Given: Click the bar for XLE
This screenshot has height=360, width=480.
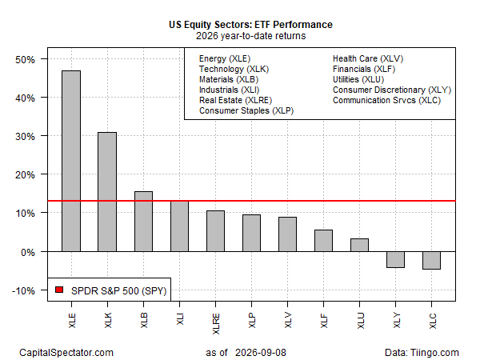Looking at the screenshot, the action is pyautogui.click(x=71, y=161).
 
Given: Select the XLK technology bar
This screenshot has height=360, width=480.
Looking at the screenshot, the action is pyautogui.click(x=107, y=192).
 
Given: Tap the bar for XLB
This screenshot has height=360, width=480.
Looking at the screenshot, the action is pyautogui.click(x=143, y=222).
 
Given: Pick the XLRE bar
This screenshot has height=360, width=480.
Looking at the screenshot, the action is pyautogui.click(x=215, y=231).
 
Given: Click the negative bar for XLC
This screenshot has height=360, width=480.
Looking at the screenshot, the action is pyautogui.click(x=432, y=261).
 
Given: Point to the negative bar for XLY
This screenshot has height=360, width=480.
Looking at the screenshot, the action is pyautogui.click(x=395, y=259).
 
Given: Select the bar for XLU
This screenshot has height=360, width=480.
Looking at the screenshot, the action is pyautogui.click(x=360, y=246).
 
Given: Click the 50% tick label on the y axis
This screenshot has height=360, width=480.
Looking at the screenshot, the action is pyautogui.click(x=25, y=59).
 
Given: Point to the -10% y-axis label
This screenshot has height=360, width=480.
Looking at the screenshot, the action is pyautogui.click(x=23, y=290).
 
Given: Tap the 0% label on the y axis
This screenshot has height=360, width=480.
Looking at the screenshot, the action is pyautogui.click(x=28, y=252).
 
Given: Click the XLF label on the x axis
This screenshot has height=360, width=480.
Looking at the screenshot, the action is pyautogui.click(x=324, y=321).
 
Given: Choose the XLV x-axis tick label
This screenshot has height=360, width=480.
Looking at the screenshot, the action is pyautogui.click(x=288, y=321).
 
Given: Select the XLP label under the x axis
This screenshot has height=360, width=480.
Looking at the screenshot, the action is pyautogui.click(x=252, y=321).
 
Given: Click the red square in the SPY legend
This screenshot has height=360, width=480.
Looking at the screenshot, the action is pyautogui.click(x=59, y=290).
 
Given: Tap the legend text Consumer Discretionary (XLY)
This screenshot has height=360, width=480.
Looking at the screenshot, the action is pyautogui.click(x=392, y=90).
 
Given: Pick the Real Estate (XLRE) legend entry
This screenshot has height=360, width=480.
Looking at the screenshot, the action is pyautogui.click(x=235, y=101).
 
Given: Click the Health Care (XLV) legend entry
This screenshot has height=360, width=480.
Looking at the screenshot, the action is pyautogui.click(x=368, y=58).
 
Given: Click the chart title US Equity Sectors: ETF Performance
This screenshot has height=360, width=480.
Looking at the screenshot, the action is pyautogui.click(x=250, y=25).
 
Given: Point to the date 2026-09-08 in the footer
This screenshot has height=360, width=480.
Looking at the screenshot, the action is pyautogui.click(x=261, y=353).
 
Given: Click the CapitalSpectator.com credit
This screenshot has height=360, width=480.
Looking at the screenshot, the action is pyautogui.click(x=66, y=353).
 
